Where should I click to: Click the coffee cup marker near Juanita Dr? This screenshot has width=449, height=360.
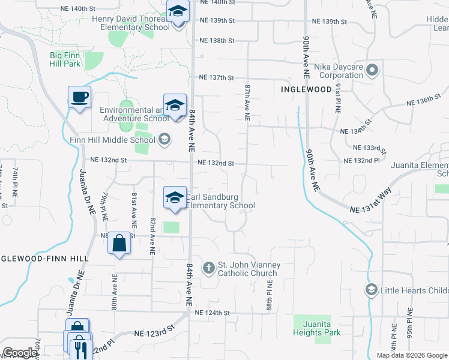pyautogui.click(x=79, y=97)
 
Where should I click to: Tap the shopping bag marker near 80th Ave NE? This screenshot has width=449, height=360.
pyautogui.click(x=119, y=244)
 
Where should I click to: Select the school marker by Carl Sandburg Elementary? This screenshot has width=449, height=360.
pyautogui.click(x=175, y=198)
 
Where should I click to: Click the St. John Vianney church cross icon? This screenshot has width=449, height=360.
pyautogui.click(x=208, y=267)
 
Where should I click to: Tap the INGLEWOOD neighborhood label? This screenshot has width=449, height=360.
pyautogui.click(x=306, y=89)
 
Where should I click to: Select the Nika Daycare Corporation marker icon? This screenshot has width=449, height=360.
pyautogui.click(x=372, y=71)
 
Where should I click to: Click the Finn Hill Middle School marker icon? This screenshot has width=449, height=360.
pyautogui.click(x=163, y=140)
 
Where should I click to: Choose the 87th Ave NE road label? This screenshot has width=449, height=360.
pyautogui.click(x=247, y=101)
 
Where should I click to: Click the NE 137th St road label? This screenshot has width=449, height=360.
pyautogui.click(x=215, y=78)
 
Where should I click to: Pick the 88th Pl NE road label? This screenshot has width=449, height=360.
pyautogui.click(x=269, y=293)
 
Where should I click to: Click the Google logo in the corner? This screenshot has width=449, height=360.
pyautogui.click(x=20, y=353)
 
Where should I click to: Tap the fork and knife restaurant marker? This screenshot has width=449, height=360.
pyautogui.click(x=80, y=347)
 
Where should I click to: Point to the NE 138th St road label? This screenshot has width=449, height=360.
pyautogui.click(x=215, y=41)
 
